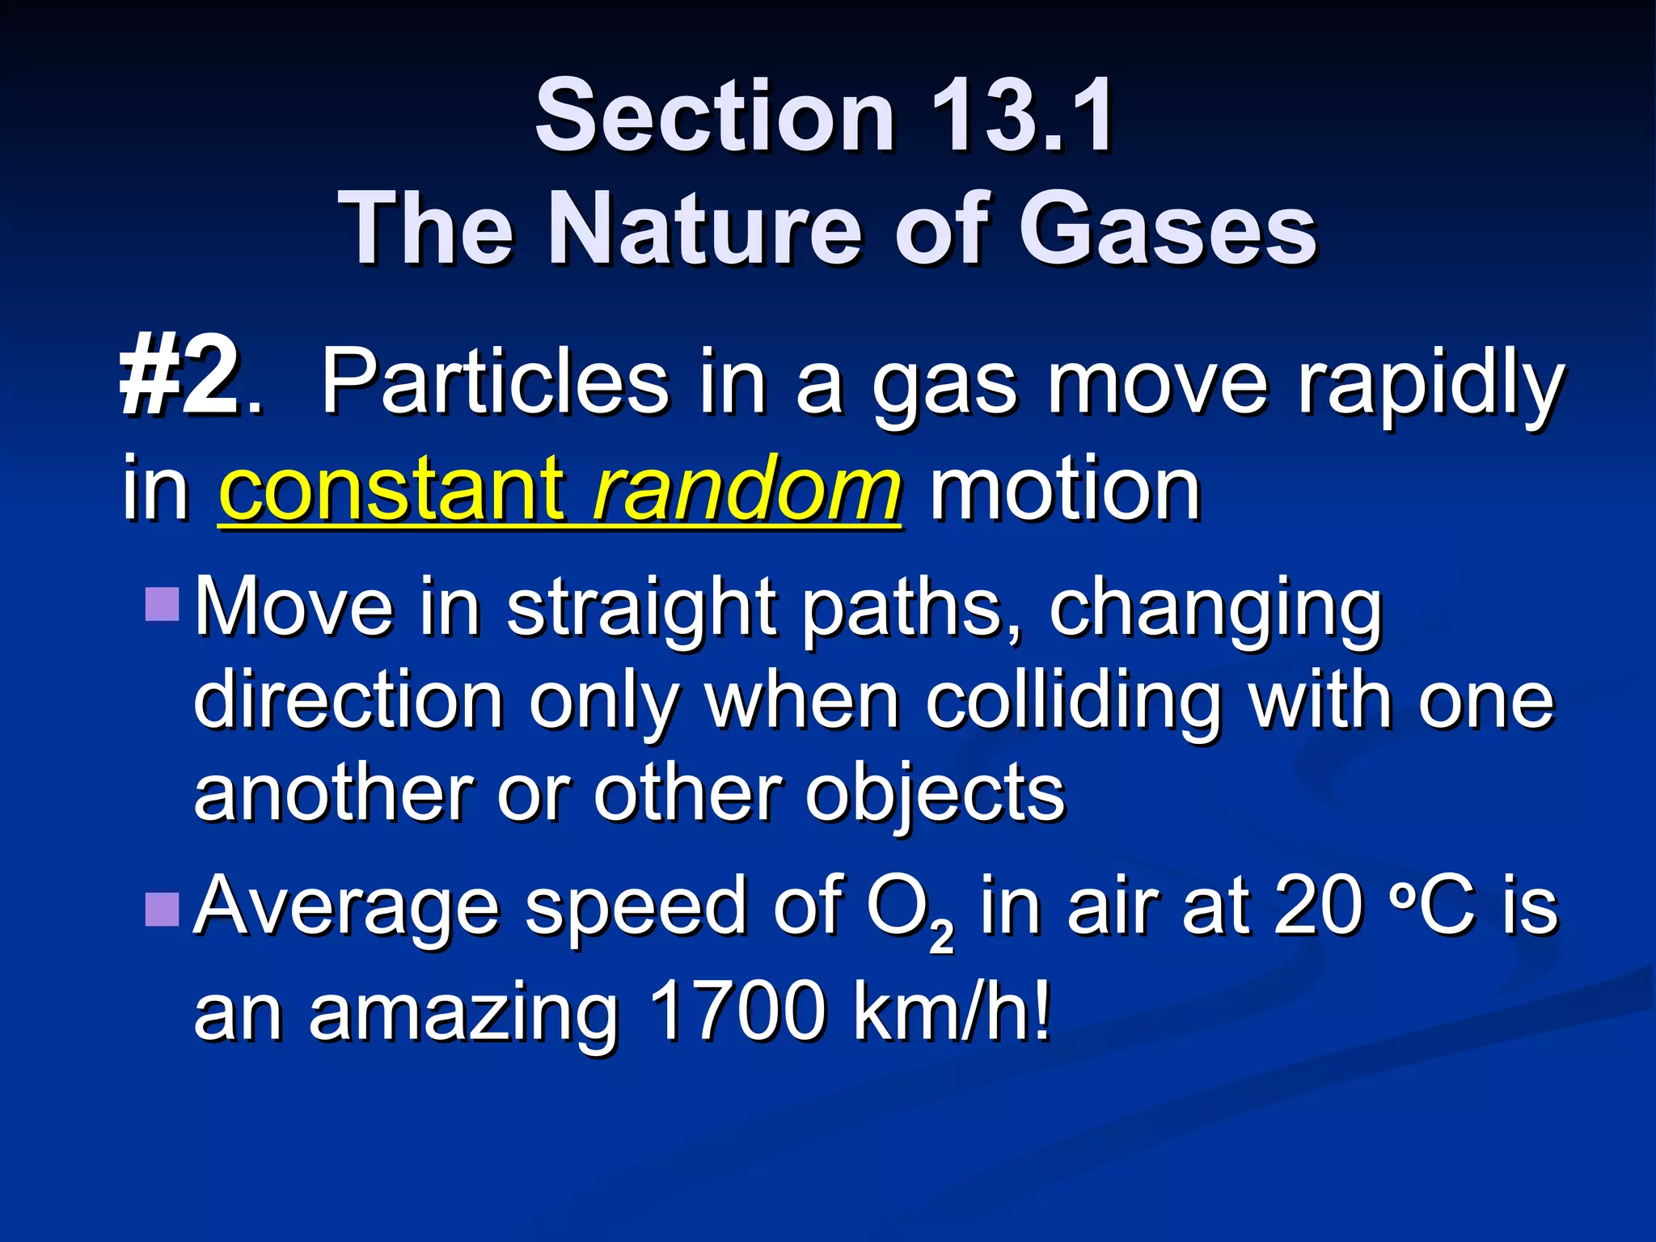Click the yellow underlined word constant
(391, 490)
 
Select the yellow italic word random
(746, 490)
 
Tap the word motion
(1065, 490)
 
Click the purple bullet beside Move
(162, 605)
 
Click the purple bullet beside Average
(162, 909)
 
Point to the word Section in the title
(715, 116)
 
